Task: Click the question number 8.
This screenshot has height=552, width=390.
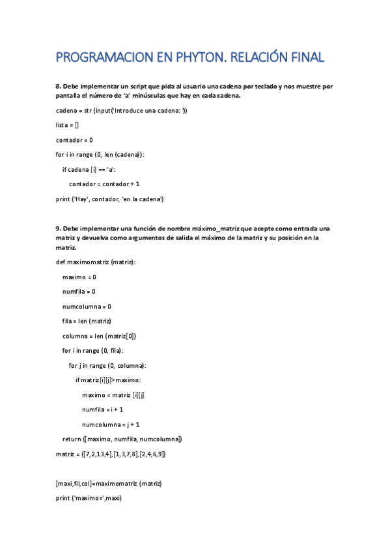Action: pos(58,87)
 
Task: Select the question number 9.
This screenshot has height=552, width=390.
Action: pos(58,228)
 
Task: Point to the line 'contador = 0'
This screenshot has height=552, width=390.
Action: pos(74,139)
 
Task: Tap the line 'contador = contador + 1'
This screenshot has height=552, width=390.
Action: pos(104,184)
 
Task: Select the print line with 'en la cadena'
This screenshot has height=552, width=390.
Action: pos(109,199)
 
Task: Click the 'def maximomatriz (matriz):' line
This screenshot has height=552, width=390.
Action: pos(96,262)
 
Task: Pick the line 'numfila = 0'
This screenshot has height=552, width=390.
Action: pos(79,292)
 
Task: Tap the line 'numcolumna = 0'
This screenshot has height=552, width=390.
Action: pos(87,307)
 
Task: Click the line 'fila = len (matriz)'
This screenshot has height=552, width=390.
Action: pos(87,321)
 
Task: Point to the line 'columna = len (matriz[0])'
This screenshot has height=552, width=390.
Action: pos(99,336)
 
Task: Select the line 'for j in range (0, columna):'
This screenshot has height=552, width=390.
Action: pos(107,365)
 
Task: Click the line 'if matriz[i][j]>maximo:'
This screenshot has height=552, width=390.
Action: pos(108,380)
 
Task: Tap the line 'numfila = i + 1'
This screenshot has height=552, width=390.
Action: pos(103,409)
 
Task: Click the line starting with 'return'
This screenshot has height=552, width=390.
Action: pos(122,439)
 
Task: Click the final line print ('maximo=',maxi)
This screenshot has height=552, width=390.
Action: pos(89,499)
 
